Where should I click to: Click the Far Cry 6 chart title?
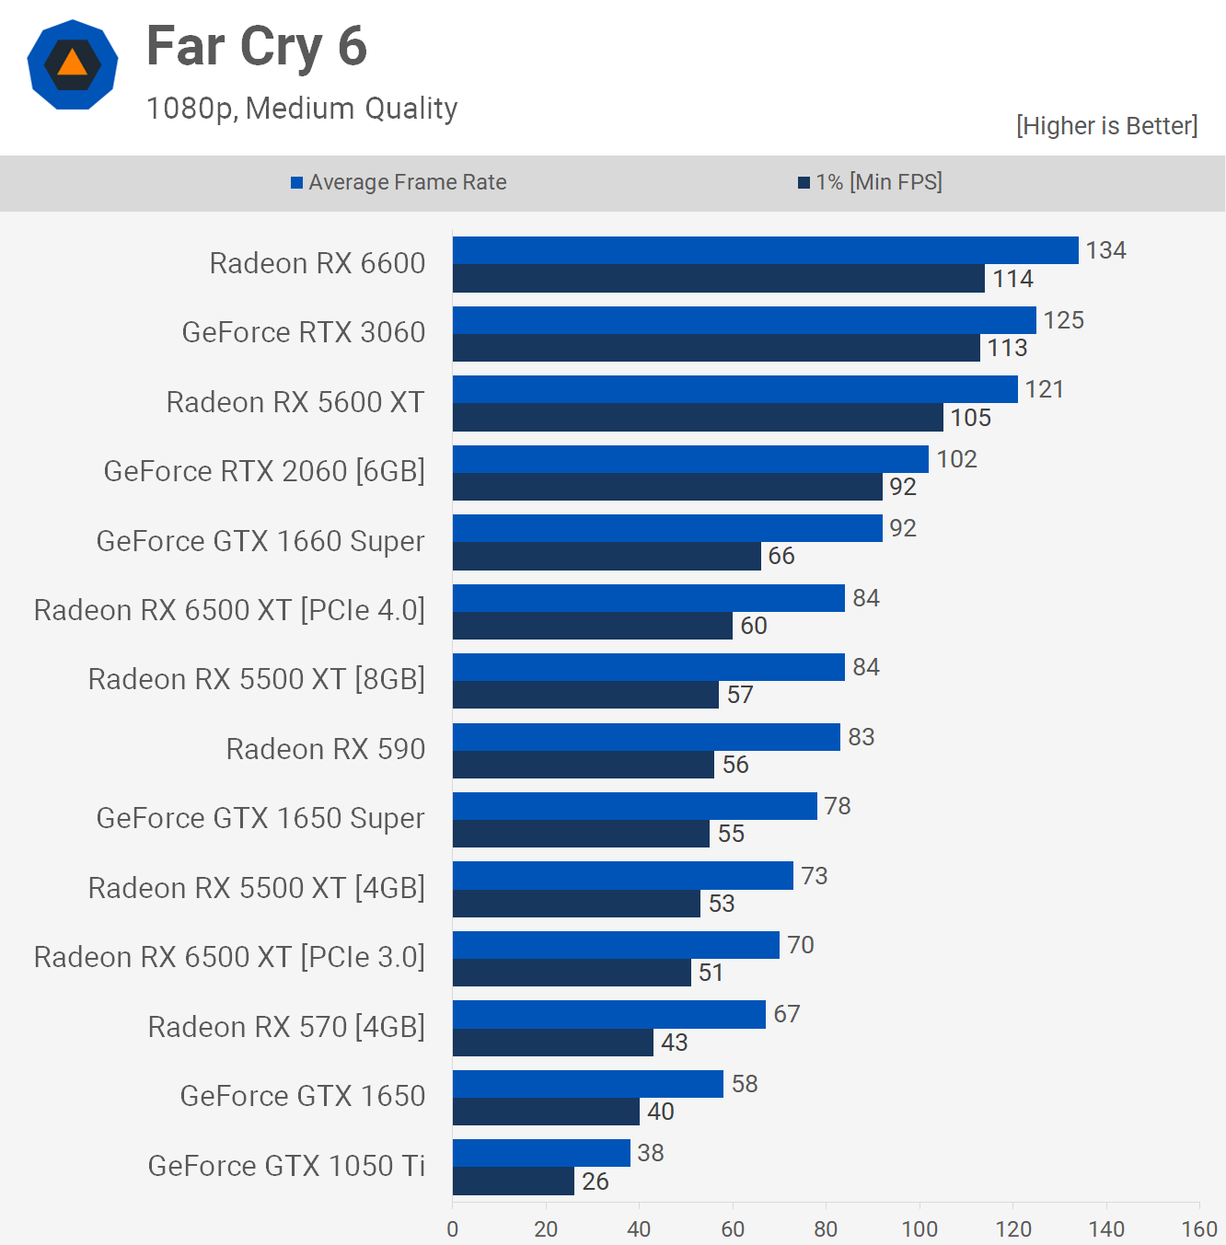tap(257, 47)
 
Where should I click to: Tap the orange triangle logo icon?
tap(72, 64)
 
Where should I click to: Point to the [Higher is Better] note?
tap(1106, 126)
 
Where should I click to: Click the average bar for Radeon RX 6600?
tap(765, 250)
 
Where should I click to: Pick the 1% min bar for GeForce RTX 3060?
tap(716, 348)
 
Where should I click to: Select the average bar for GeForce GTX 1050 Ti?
tap(541, 1153)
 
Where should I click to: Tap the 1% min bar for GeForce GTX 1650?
tap(546, 1112)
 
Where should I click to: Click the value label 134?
tap(1105, 250)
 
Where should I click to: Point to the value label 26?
tap(596, 1182)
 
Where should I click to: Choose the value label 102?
tap(956, 459)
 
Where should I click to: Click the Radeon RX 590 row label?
tap(326, 749)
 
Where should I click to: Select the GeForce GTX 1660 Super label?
tap(260, 541)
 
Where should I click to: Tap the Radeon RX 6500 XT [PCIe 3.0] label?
tap(229, 957)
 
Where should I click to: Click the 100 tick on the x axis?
tap(919, 1228)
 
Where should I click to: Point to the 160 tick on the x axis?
tap(1198, 1228)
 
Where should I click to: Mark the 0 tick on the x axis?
tap(452, 1228)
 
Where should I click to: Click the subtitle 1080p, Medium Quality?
tap(302, 109)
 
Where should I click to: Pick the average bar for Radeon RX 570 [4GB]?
tap(608, 1014)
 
